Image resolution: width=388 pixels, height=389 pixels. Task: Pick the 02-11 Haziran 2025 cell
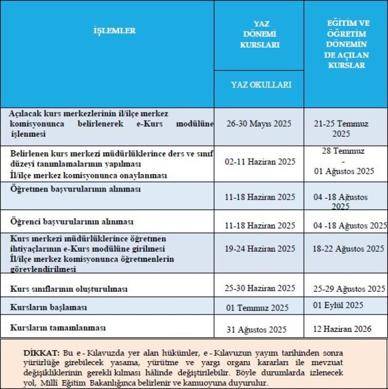pos(260,162)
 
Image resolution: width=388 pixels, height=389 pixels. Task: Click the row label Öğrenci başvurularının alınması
pos(72,222)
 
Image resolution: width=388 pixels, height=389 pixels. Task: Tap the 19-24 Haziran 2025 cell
pos(260,249)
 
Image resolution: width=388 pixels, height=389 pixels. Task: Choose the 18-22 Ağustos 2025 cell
pos(348,249)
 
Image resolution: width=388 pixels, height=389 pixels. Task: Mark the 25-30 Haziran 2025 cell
pos(260,288)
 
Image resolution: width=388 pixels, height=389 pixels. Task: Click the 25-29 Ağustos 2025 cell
pos(349,289)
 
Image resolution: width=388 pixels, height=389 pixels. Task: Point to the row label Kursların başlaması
pos(49,307)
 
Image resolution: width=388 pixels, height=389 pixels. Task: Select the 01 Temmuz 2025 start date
pos(258,308)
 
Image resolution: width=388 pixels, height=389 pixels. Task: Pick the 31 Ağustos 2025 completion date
pos(257,330)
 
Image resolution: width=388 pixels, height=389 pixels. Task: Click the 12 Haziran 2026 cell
pos(342,329)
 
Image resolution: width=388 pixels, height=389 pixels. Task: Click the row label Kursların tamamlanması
pos(58,328)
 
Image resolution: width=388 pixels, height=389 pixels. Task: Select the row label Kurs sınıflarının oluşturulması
pos(69,289)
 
